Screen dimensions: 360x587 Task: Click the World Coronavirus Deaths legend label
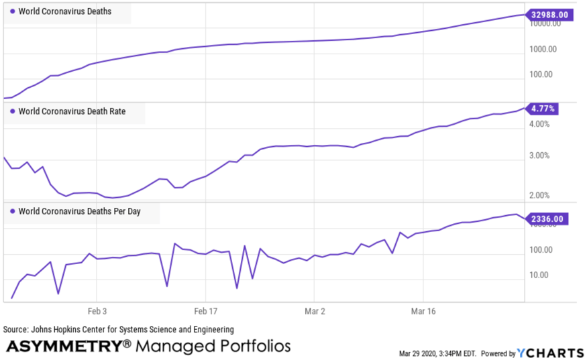[65, 11]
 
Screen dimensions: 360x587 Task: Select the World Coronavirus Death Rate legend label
[72, 111]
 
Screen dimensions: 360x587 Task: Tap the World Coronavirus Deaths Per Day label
[79, 211]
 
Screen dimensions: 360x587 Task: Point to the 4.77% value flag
[542, 108]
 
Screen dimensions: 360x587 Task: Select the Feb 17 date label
[206, 312]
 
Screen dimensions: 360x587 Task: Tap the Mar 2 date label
[315, 312]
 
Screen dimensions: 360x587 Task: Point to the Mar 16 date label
[423, 312]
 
